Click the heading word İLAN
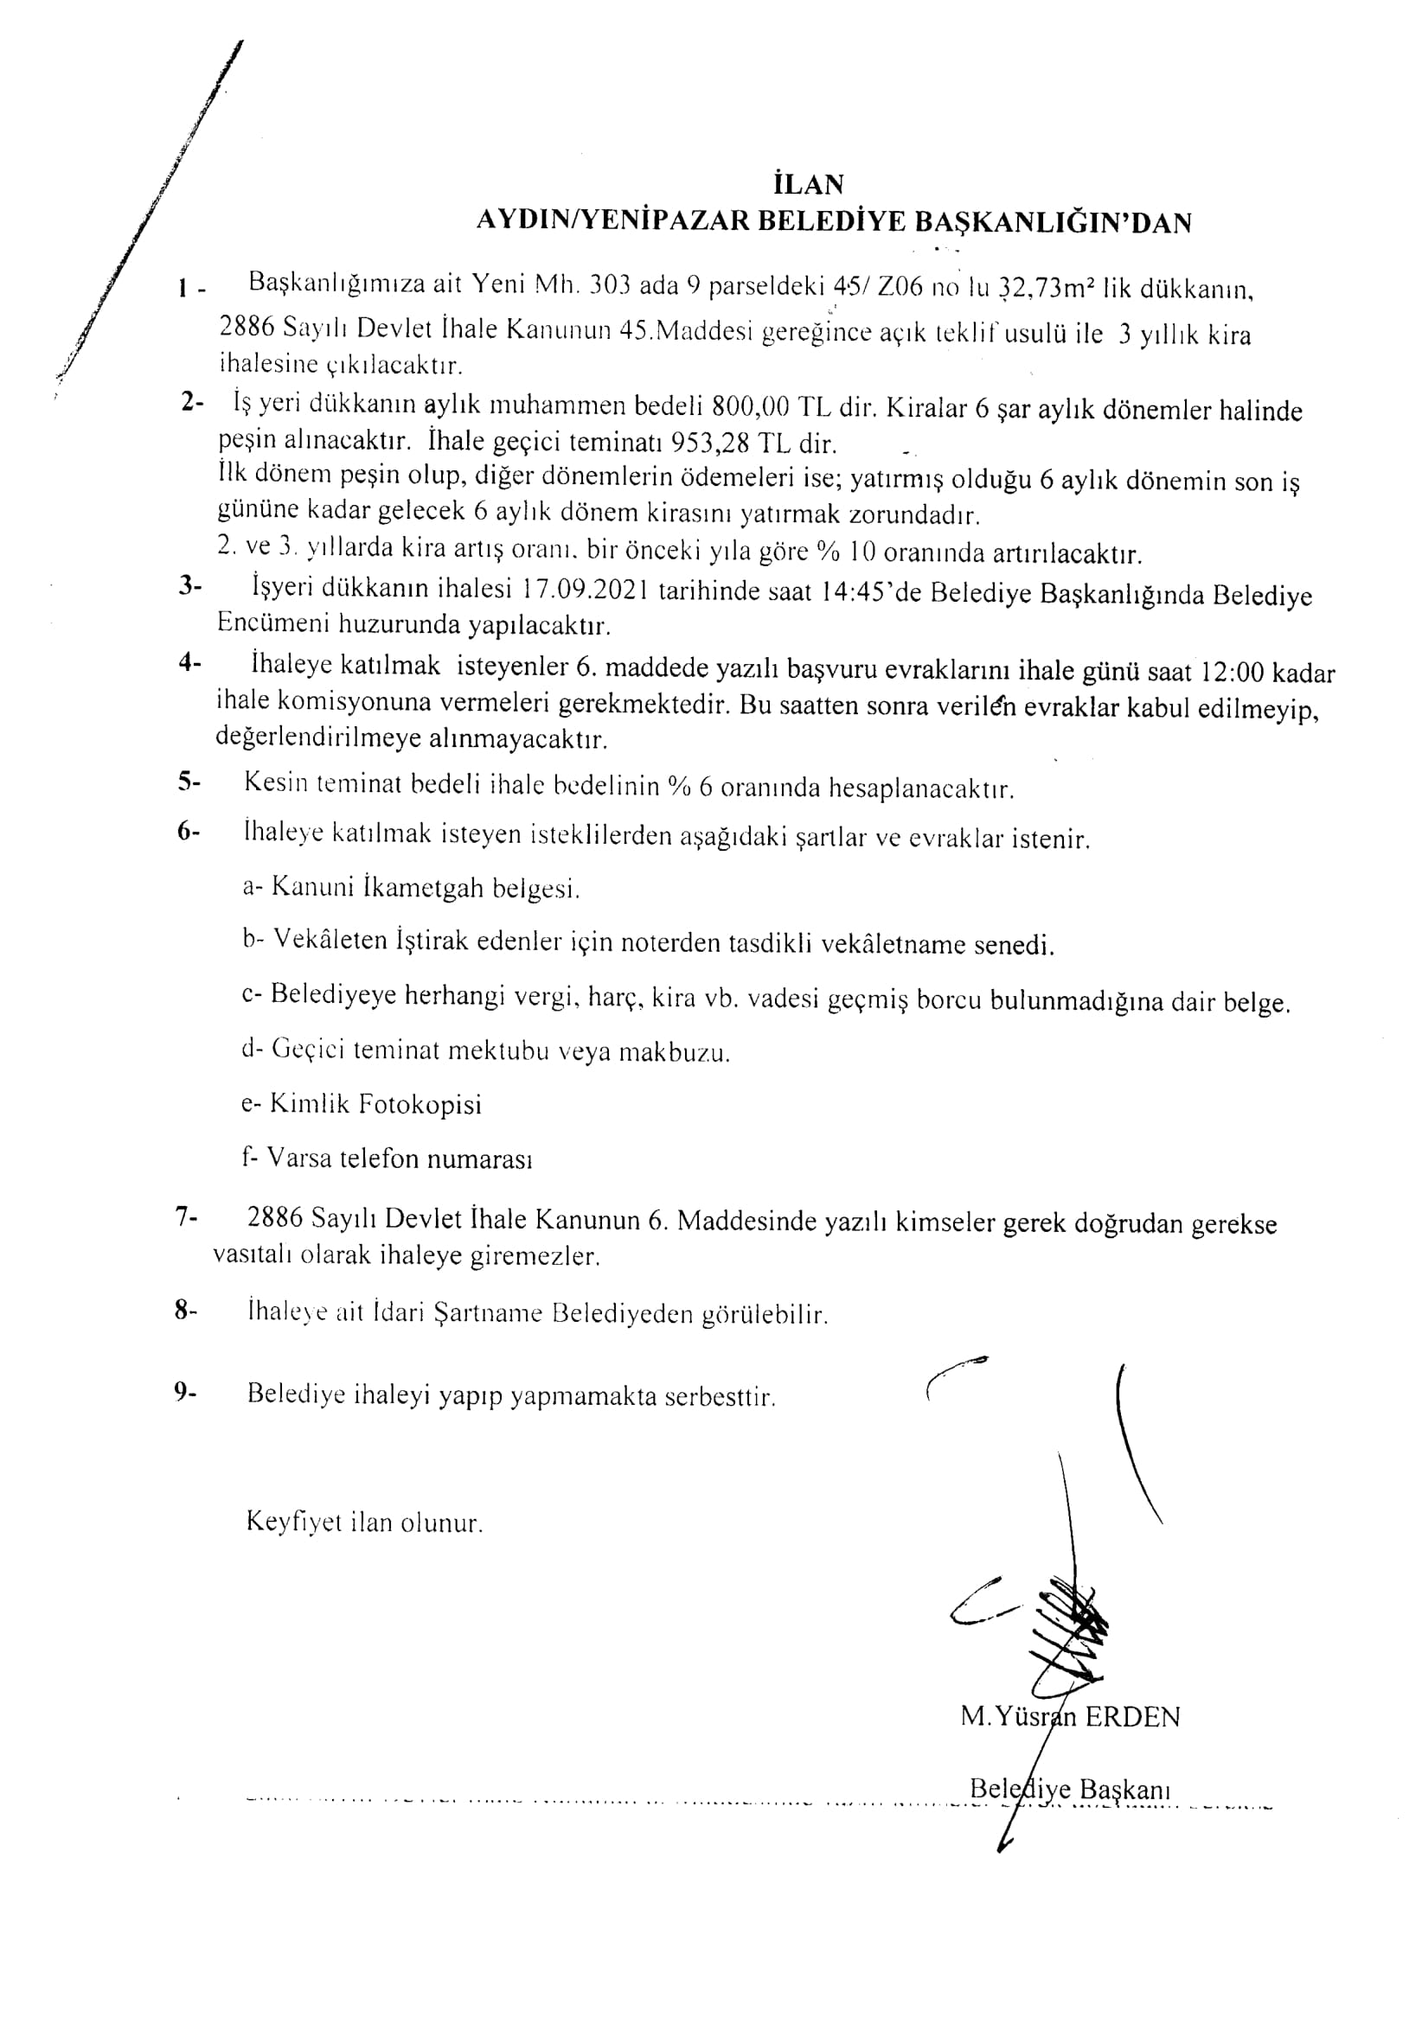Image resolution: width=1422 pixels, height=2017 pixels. pos(809,184)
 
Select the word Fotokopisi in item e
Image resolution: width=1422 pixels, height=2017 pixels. pos(422,1104)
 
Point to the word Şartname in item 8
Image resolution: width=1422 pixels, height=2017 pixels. pos(489,1314)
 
